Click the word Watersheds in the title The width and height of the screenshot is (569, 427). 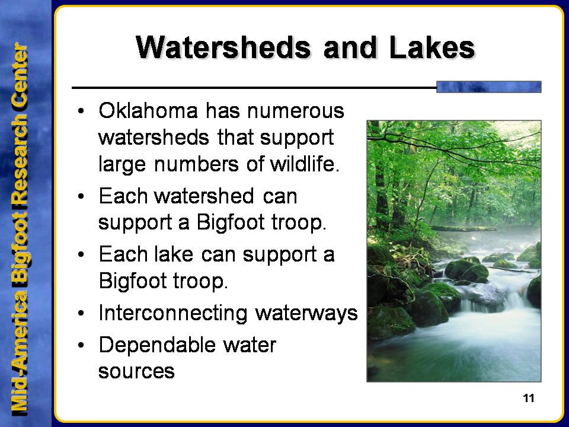tap(223, 47)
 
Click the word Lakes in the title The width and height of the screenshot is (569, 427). tap(432, 47)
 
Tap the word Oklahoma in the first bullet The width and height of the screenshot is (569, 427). tap(148, 110)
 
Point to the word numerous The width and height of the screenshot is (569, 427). tap(295, 110)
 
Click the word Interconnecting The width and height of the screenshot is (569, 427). tap(172, 314)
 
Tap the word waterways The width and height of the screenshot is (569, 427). tap(306, 313)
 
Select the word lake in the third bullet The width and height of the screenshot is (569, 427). tap(174, 254)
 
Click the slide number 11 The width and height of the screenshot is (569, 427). tap(529, 399)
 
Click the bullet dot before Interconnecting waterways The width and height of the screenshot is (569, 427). tap(81, 313)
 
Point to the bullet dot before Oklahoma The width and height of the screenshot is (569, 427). tap(81, 111)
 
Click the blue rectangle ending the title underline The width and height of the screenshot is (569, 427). tap(489, 87)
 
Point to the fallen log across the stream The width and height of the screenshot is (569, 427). tap(463, 228)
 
